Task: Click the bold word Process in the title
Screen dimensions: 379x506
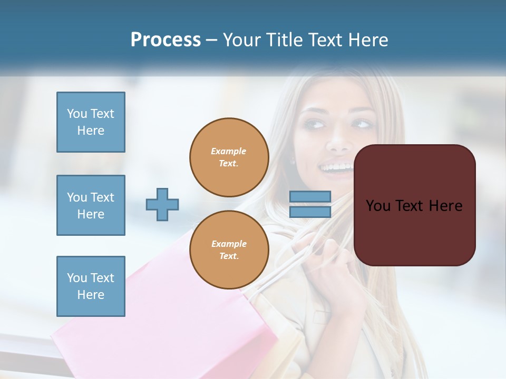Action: click(166, 40)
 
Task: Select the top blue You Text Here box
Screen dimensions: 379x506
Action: click(91, 122)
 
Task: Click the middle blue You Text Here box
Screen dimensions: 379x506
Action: click(91, 205)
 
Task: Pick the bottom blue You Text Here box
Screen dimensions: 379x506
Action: click(91, 286)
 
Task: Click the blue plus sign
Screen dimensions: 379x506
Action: click(162, 204)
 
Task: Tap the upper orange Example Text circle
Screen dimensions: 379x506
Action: click(229, 157)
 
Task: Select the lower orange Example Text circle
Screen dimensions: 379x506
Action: click(229, 250)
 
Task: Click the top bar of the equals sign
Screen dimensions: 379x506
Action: click(310, 197)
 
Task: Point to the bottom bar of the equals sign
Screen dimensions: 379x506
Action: click(310, 212)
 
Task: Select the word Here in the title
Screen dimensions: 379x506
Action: click(368, 40)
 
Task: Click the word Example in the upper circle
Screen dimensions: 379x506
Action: click(229, 151)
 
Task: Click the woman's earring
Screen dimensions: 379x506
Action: click(293, 161)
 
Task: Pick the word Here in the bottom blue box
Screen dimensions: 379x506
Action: click(91, 295)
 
